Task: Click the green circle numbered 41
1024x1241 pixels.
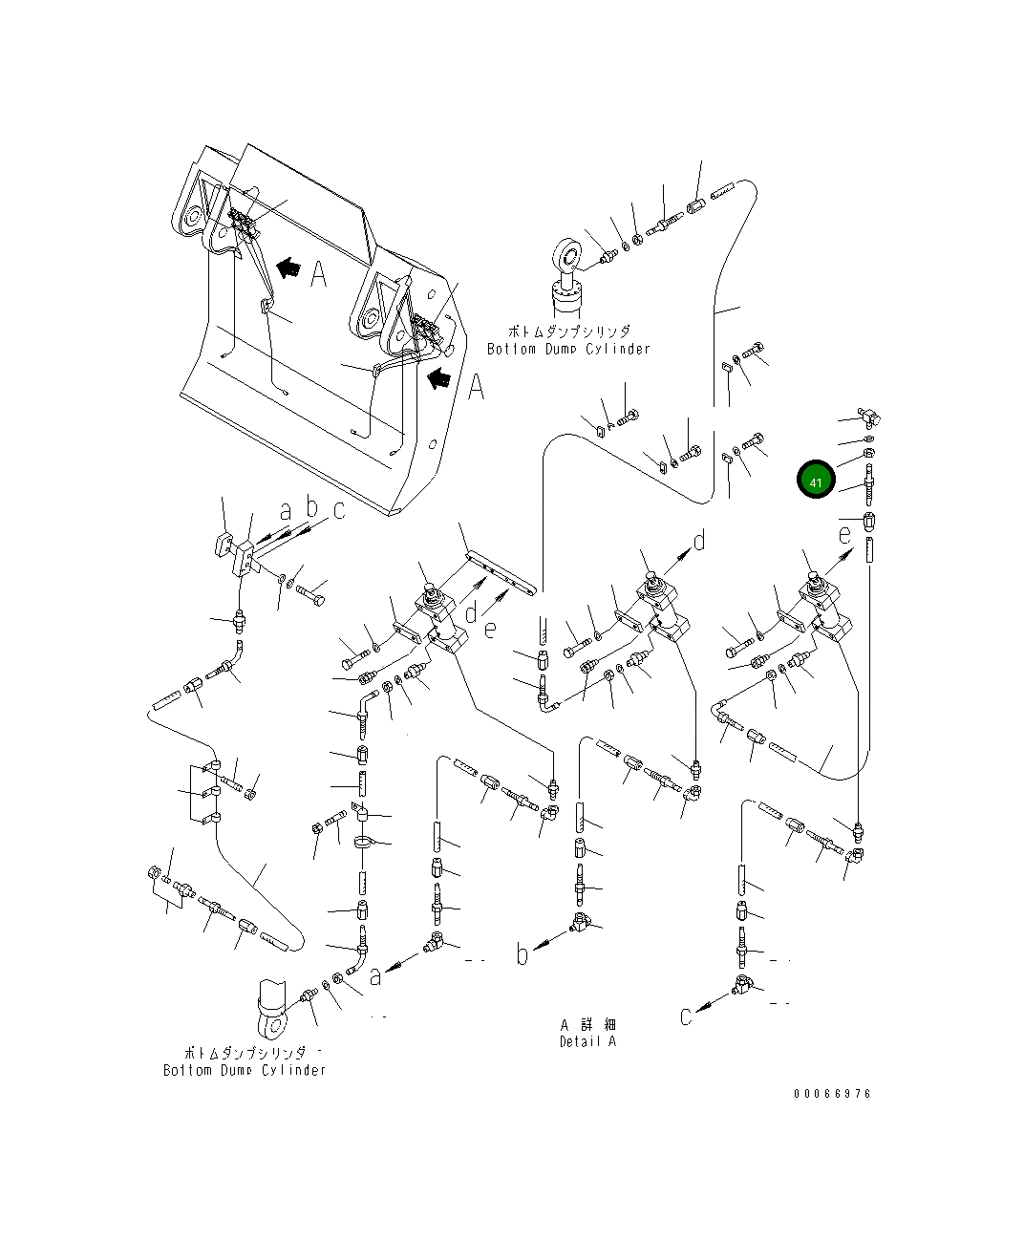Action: pyautogui.click(x=816, y=481)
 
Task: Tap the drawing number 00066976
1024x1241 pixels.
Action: pyautogui.click(x=832, y=1094)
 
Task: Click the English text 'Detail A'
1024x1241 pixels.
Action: pyautogui.click(x=587, y=1041)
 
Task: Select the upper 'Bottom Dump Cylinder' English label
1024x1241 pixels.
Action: pyautogui.click(x=568, y=349)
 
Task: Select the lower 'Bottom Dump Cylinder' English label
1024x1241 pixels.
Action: pyautogui.click(x=245, y=1070)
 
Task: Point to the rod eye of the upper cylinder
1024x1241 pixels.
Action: pyautogui.click(x=568, y=258)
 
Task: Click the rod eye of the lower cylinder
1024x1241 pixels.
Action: pyautogui.click(x=272, y=1026)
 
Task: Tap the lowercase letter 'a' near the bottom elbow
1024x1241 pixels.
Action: pyautogui.click(x=376, y=975)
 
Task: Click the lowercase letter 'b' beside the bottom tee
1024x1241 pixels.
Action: pyautogui.click(x=523, y=952)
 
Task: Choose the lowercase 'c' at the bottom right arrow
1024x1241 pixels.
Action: pyautogui.click(x=686, y=1016)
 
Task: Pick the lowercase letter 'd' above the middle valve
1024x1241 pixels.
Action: pyautogui.click(x=699, y=541)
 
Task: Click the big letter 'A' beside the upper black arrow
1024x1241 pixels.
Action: pyautogui.click(x=318, y=274)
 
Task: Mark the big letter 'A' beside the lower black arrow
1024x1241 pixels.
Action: pyautogui.click(x=475, y=387)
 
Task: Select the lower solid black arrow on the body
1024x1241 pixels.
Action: pyautogui.click(x=439, y=378)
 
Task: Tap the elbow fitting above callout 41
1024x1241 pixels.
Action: pyautogui.click(x=870, y=415)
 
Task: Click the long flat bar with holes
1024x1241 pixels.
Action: pyautogui.click(x=500, y=571)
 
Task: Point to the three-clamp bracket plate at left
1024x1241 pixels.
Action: pyautogui.click(x=204, y=793)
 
